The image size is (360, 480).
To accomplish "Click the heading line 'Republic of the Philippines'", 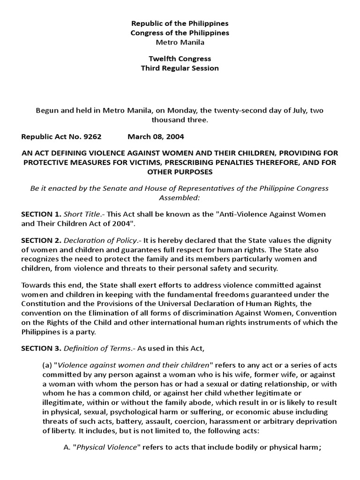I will tap(180, 23).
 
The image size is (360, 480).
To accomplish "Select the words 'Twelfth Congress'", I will tap(180, 59).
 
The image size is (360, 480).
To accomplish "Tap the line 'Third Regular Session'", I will tap(180, 68).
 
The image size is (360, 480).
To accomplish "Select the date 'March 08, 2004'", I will tap(156, 137).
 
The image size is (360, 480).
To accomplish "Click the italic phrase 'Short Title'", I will tap(80, 214).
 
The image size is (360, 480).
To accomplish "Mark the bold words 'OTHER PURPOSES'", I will tap(180, 172).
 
